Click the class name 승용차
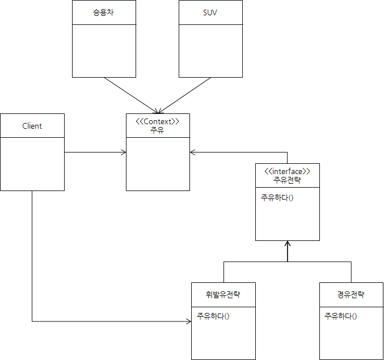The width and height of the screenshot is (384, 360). pyautogui.click(x=104, y=12)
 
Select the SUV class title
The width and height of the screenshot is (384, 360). pyautogui.click(x=210, y=12)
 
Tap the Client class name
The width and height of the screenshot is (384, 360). pyautogui.click(x=32, y=126)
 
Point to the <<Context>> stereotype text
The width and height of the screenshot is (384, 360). pyautogui.click(x=158, y=121)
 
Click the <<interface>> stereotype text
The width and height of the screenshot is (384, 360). pyautogui.click(x=287, y=171)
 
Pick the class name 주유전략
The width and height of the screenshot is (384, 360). pyautogui.click(x=287, y=180)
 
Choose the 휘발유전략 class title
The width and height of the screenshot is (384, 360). pyautogui.click(x=223, y=295)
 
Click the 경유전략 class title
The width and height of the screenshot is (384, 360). pyautogui.click(x=351, y=295)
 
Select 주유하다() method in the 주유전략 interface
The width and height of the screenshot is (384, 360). pyautogui.click(x=277, y=198)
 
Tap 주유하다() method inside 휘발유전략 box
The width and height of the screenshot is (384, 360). pyautogui.click(x=213, y=316)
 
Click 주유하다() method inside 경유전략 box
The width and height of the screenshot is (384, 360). pyautogui.click(x=340, y=316)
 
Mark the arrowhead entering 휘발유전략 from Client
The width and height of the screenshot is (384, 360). pyautogui.click(x=189, y=322)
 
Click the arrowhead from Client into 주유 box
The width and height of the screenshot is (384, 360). pyautogui.click(x=123, y=152)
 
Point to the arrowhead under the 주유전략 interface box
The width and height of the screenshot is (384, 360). pyautogui.click(x=288, y=244)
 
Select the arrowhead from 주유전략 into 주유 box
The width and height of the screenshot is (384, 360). pyautogui.click(x=193, y=152)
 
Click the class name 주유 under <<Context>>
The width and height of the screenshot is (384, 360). pyautogui.click(x=158, y=130)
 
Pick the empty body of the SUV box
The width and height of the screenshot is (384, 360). pyautogui.click(x=210, y=50)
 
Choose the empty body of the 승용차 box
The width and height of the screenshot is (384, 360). pyautogui.click(x=104, y=50)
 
